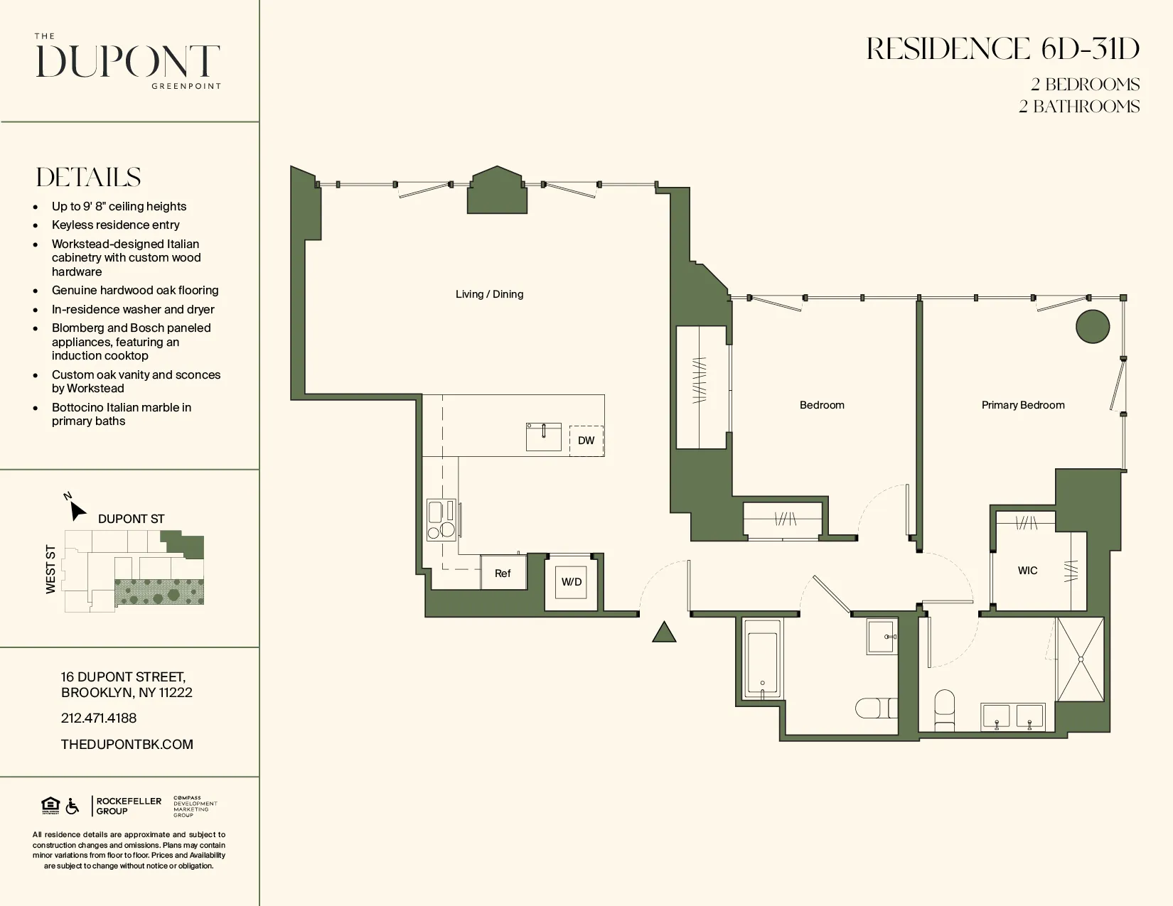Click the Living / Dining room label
tap(489, 294)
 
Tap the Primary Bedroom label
tap(1022, 405)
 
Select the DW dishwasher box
tap(586, 441)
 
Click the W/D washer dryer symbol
tap(572, 582)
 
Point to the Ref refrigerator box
tap(503, 573)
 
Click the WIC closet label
tap(1027, 571)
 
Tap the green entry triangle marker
tap(664, 632)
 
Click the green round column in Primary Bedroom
tap(1093, 327)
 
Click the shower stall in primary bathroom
tap(1080, 659)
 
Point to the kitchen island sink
tap(543, 437)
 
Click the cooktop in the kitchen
tap(441, 520)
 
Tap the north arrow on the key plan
tap(77, 509)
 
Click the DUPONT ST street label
tap(131, 519)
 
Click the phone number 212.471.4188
tap(99, 718)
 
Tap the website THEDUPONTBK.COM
tap(127, 745)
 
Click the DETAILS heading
tap(89, 178)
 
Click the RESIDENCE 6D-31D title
tap(1002, 49)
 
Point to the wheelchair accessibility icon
tap(73, 807)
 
